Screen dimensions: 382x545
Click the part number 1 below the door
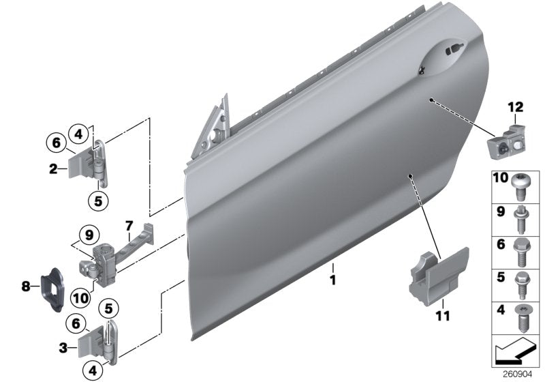pos(334,280)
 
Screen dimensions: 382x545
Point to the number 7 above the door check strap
pos(127,224)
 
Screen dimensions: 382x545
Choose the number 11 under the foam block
pos(443,316)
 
